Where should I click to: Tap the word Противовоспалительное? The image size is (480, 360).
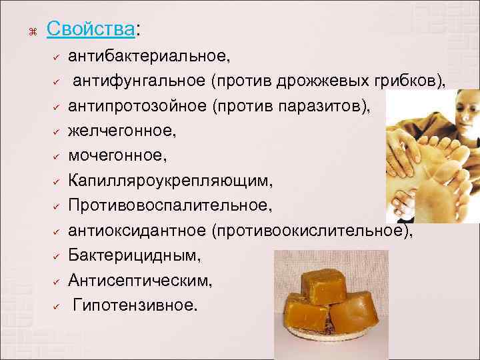[170, 206]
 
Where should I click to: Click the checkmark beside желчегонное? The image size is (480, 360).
[58, 132]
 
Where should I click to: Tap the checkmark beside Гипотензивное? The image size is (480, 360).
[58, 306]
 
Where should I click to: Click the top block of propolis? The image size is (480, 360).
[319, 285]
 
